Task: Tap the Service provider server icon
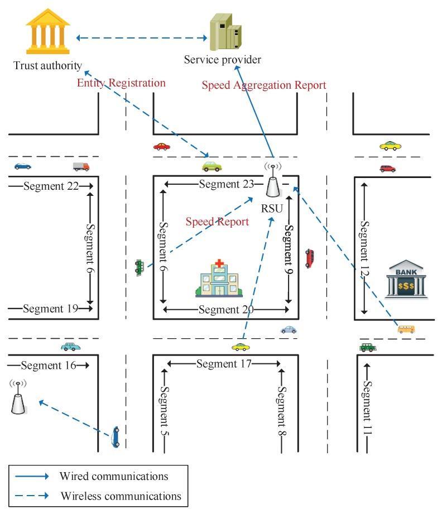(x=225, y=33)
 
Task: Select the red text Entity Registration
(x=121, y=83)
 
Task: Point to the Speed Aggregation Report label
(x=263, y=85)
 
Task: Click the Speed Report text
(x=218, y=222)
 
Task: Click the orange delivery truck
(x=81, y=166)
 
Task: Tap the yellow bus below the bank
(x=406, y=329)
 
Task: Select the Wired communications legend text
(x=113, y=476)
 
